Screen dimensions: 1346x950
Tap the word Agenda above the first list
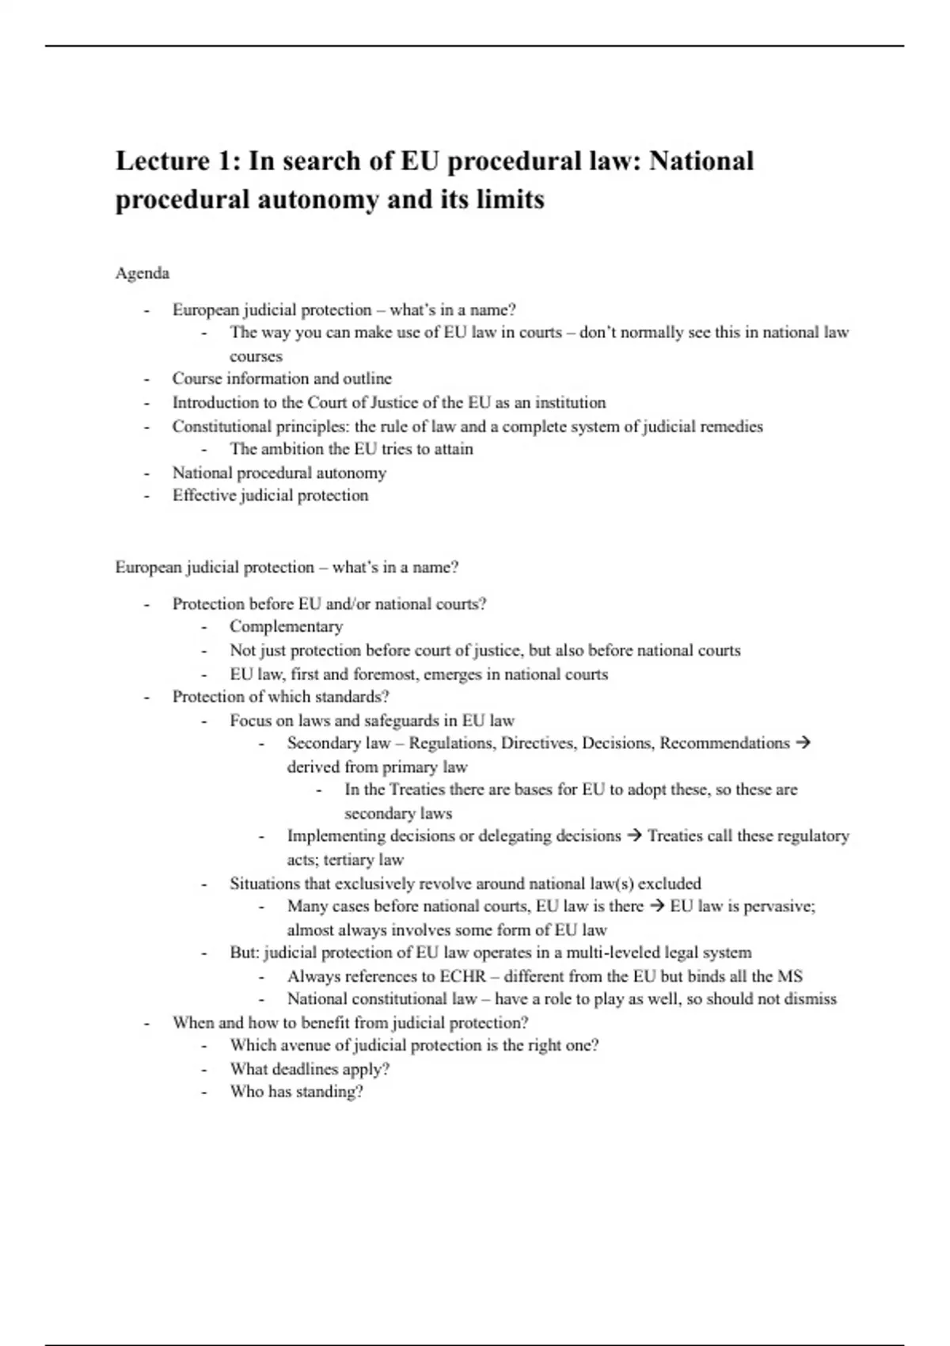point(142,273)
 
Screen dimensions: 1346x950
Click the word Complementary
point(286,626)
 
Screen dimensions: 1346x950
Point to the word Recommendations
point(724,743)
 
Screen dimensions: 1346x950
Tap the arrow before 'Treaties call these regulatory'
point(633,835)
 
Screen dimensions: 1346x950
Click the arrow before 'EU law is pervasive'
point(656,906)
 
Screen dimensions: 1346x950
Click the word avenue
point(304,1045)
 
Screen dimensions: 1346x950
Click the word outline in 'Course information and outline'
point(367,378)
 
